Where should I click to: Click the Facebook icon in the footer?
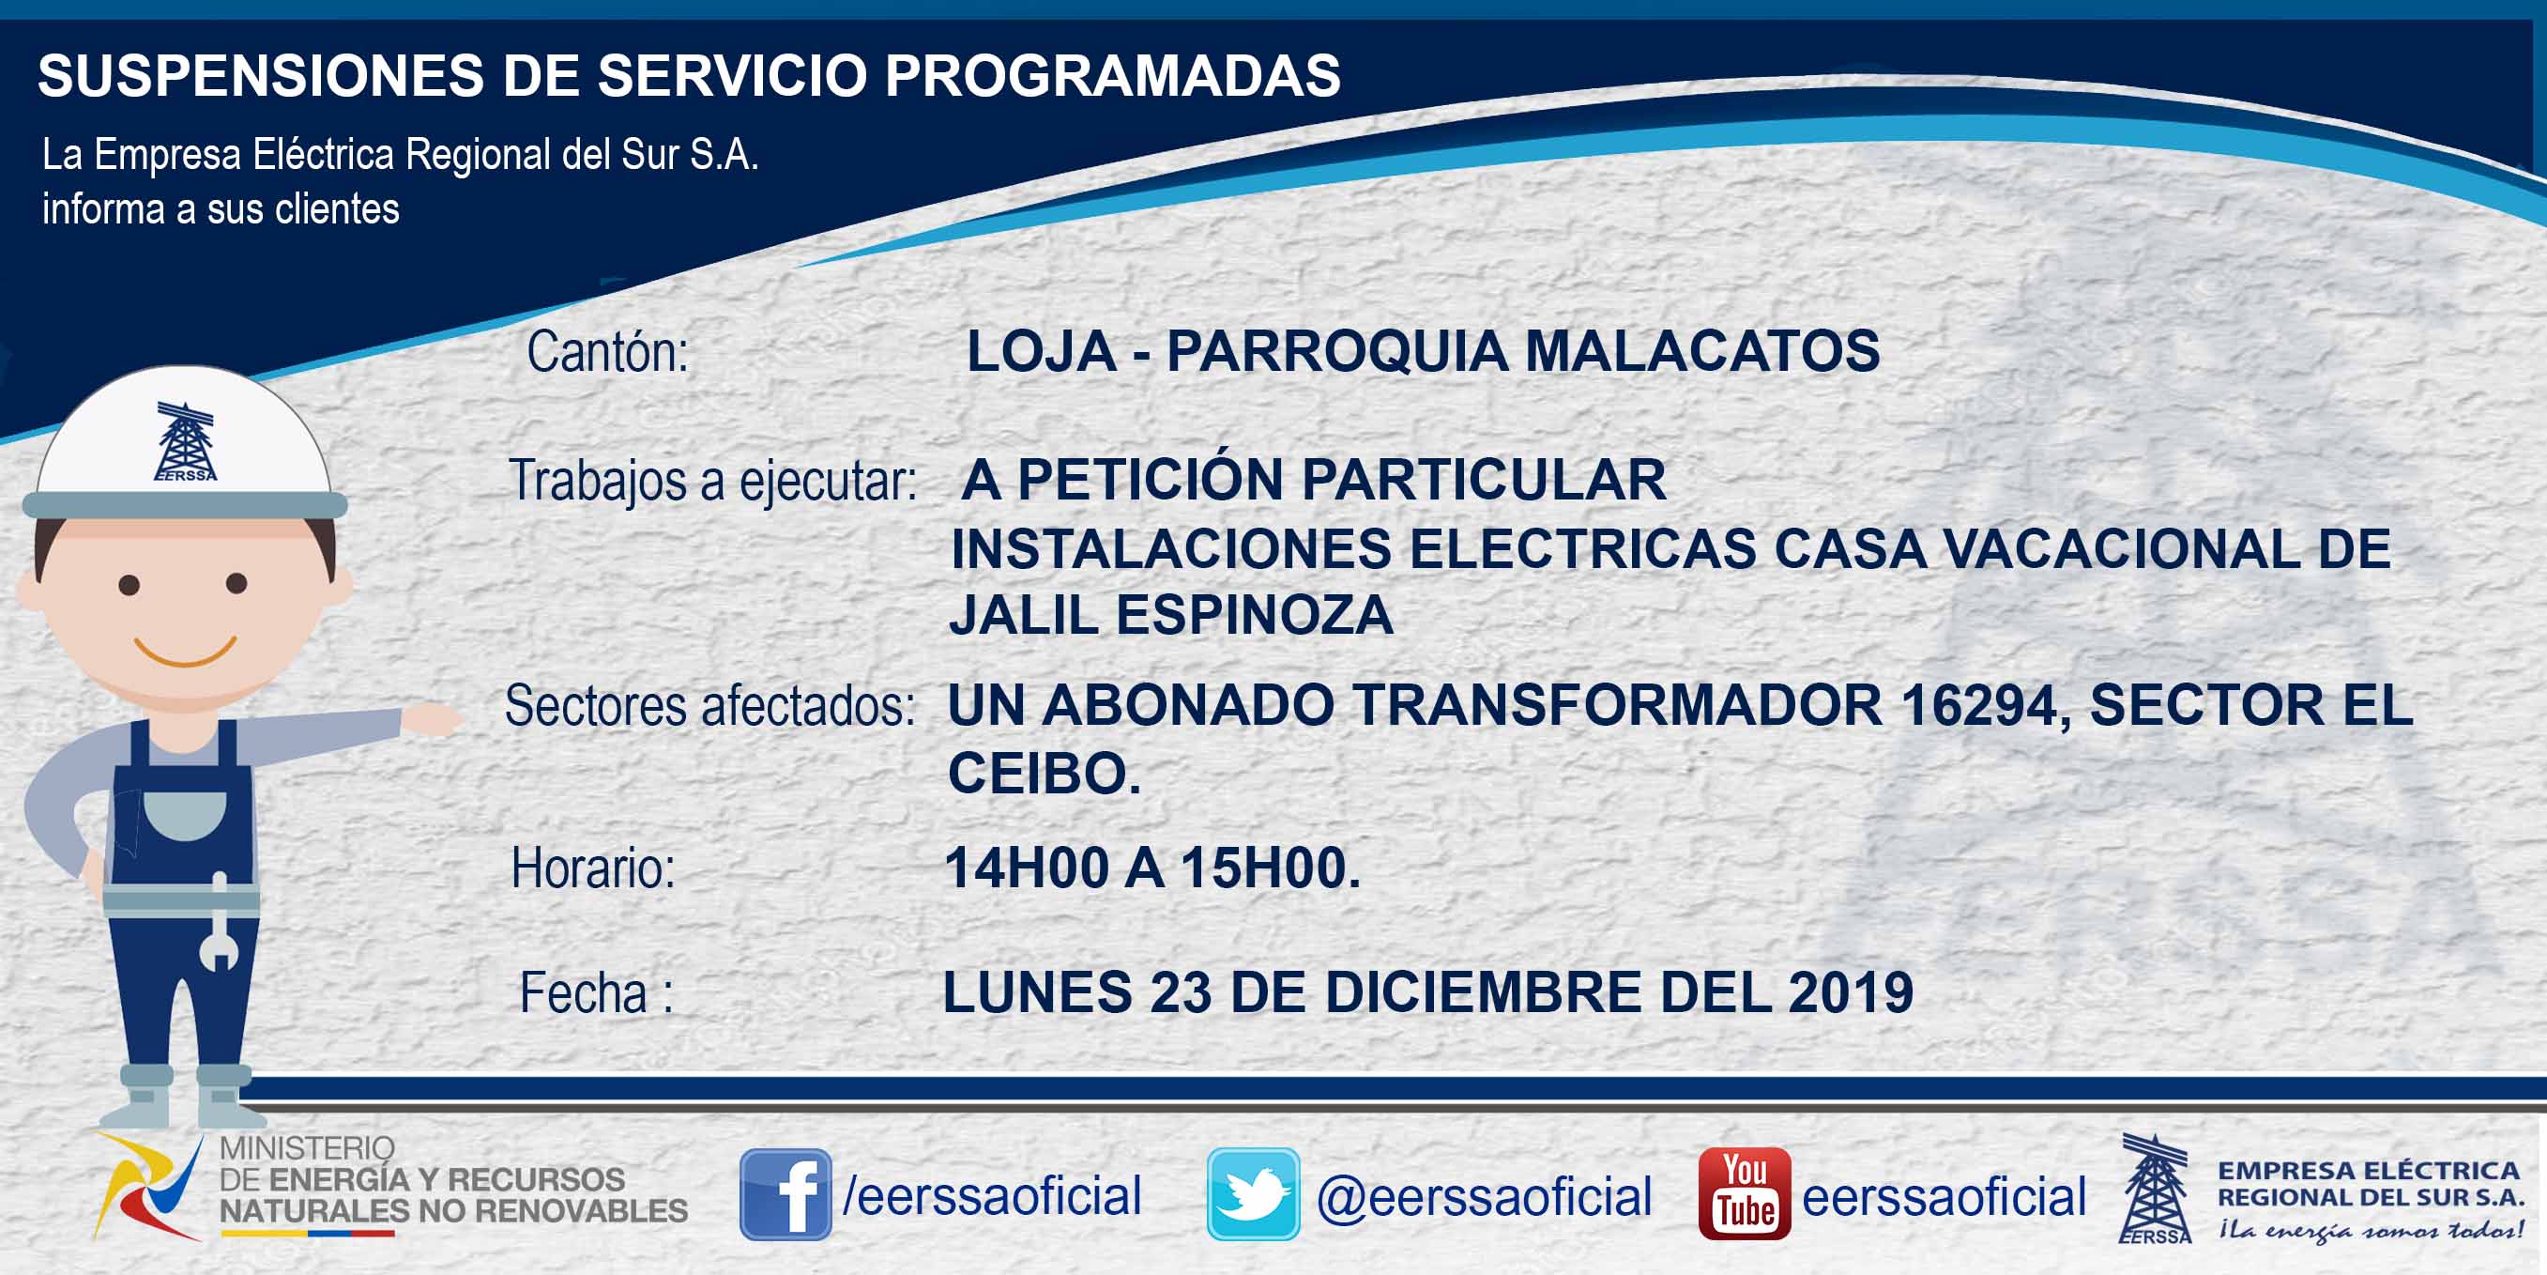786,1194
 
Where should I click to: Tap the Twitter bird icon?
1253,1194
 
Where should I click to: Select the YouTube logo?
1744,1194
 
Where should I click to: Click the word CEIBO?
1045,774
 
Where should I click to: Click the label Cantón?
607,351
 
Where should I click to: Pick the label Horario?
593,868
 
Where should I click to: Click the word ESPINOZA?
1255,615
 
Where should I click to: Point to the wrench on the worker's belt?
219,924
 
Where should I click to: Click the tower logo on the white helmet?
185,441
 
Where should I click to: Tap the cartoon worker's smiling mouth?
185,651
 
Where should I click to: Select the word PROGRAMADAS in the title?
1112,75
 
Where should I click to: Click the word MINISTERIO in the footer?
307,1148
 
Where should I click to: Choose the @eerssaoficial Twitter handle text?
1484,1196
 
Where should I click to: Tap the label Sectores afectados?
709,706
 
